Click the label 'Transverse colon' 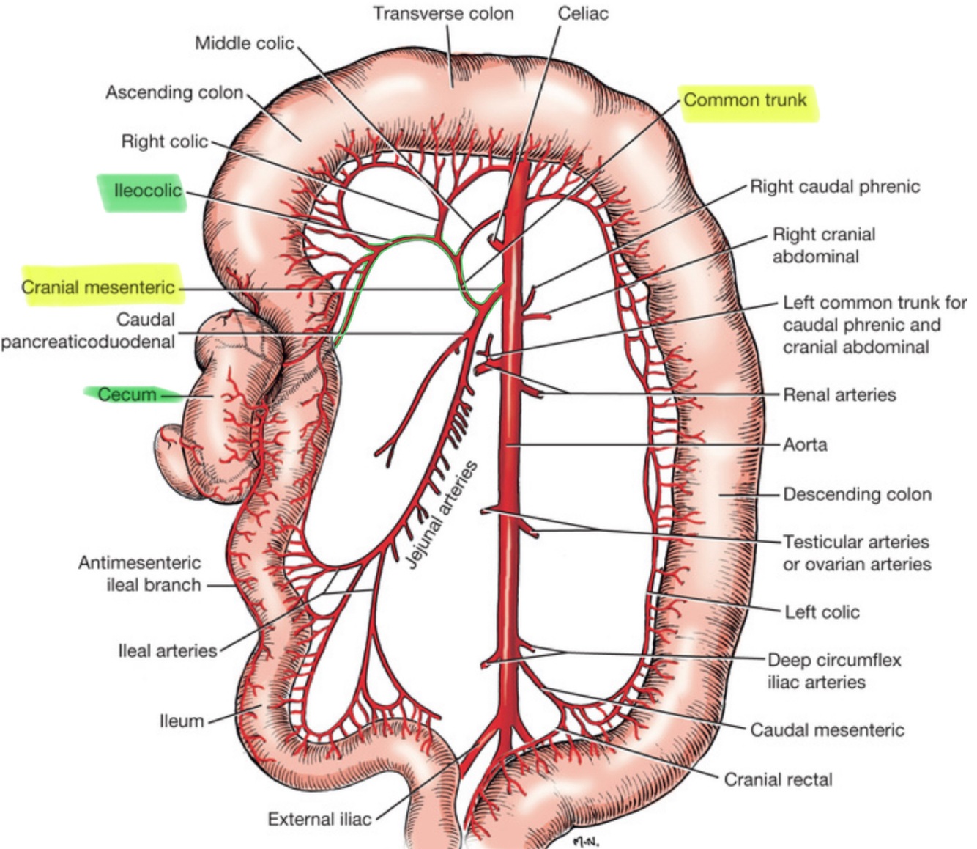tap(443, 14)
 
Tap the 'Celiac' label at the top tap(583, 14)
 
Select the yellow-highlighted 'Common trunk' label tap(745, 100)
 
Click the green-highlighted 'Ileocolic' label tap(147, 191)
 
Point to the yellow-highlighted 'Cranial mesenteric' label tap(98, 287)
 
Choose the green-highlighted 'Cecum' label tap(127, 394)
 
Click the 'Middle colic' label tap(244, 43)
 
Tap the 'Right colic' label tap(165, 141)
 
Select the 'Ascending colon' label tap(174, 92)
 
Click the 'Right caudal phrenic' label tap(834, 186)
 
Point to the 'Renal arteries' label tap(839, 395)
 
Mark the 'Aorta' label tap(805, 444)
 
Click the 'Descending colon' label tap(857, 494)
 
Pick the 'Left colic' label tap(822, 611)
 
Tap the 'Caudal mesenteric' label tap(827, 729)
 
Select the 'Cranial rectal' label tap(778, 779)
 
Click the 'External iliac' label tap(319, 819)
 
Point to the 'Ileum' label tap(182, 721)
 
